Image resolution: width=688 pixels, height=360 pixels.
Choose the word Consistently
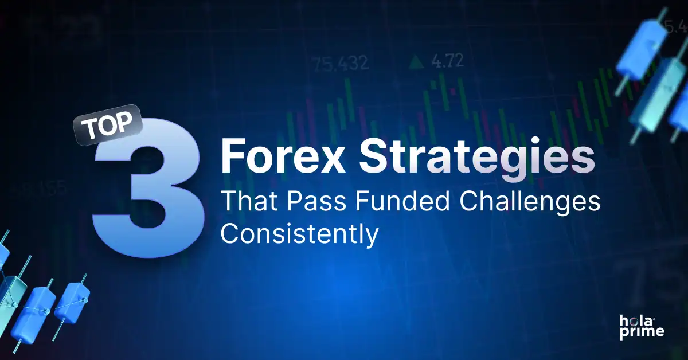299,234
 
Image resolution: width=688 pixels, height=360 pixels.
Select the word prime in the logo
641,332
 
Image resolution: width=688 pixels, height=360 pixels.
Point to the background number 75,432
341,63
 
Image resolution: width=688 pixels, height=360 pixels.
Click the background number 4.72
447,61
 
